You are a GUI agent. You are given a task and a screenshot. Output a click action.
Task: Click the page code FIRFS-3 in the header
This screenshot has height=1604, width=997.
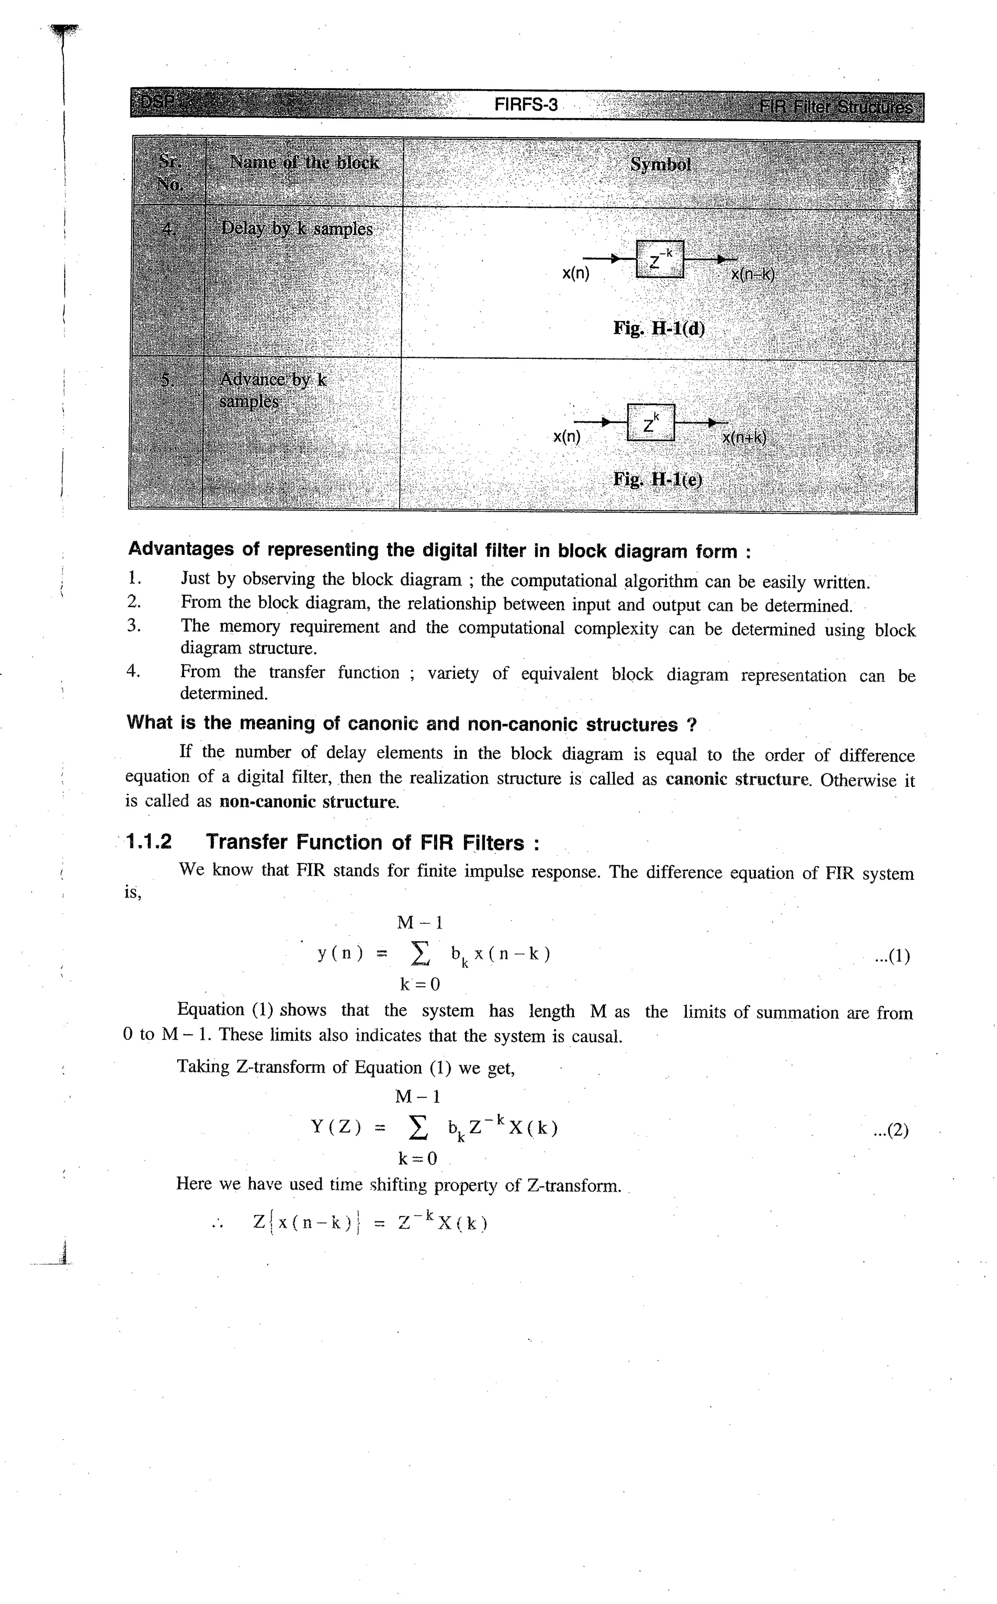pyautogui.click(x=526, y=105)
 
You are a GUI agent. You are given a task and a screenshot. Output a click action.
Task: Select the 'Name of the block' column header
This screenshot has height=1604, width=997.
pyautogui.click(x=303, y=163)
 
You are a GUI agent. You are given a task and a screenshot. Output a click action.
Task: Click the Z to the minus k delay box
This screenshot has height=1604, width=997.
pyautogui.click(x=659, y=259)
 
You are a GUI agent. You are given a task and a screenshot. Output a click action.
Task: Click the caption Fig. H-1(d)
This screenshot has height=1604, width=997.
pyautogui.click(x=658, y=328)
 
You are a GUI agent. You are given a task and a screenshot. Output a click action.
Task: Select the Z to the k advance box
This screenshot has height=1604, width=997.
pyautogui.click(x=651, y=423)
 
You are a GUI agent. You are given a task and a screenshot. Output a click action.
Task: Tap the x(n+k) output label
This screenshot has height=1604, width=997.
pyautogui.click(x=744, y=437)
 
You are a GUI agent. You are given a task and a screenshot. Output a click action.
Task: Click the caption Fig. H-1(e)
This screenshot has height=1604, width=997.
pyautogui.click(x=657, y=479)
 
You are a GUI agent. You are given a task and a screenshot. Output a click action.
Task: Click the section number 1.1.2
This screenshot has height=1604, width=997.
pyautogui.click(x=149, y=842)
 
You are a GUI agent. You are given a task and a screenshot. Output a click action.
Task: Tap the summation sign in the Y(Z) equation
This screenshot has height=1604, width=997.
pyautogui.click(x=417, y=1128)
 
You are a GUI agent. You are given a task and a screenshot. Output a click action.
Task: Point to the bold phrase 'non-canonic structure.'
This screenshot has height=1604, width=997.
pyautogui.click(x=309, y=802)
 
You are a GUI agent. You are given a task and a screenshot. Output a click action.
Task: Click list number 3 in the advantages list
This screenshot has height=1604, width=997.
pyautogui.click(x=134, y=626)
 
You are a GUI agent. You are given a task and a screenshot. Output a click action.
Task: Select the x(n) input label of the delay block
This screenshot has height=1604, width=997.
pyautogui.click(x=575, y=274)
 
